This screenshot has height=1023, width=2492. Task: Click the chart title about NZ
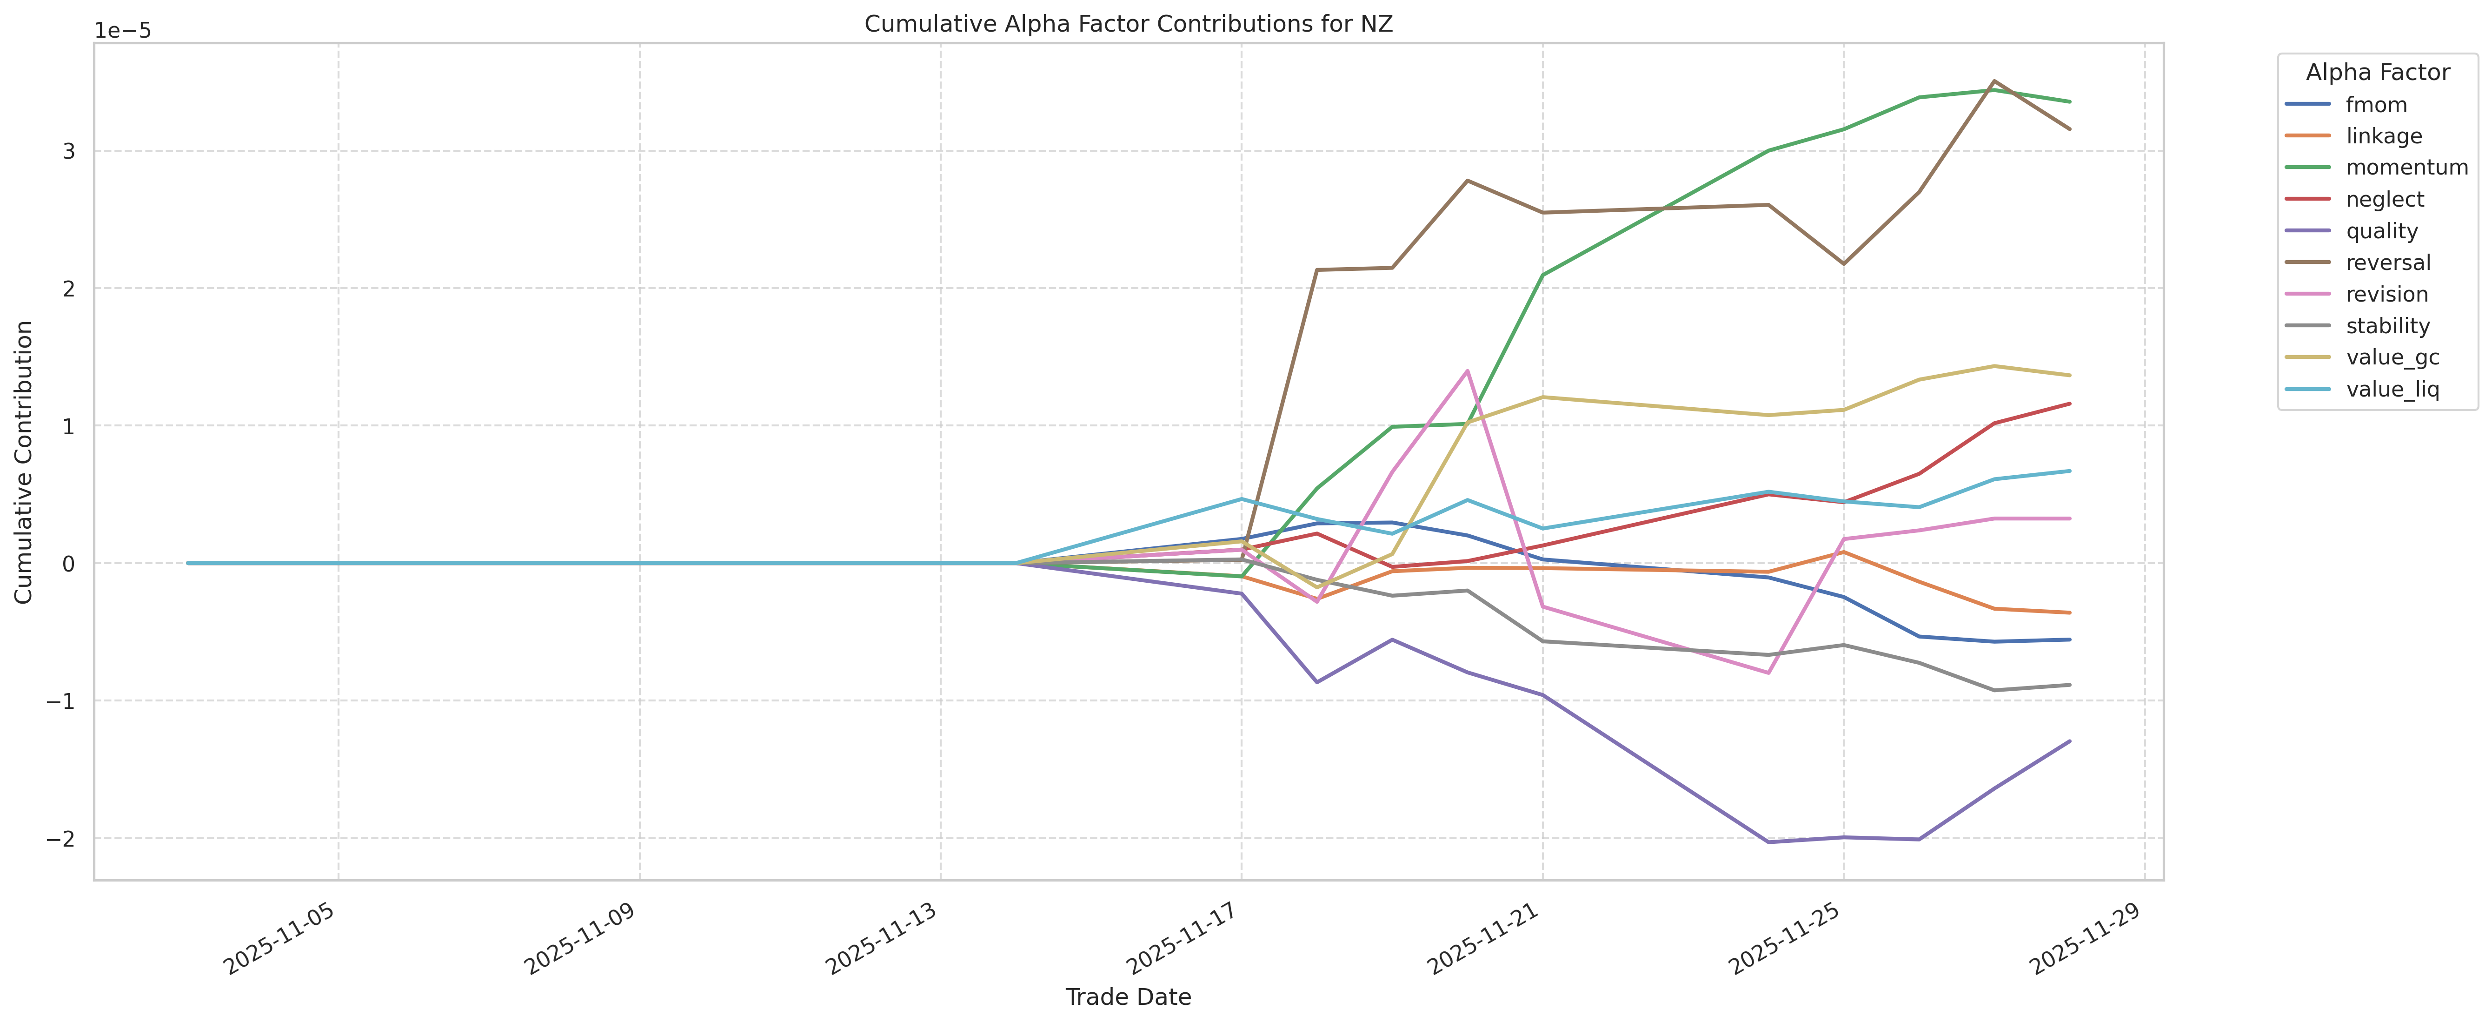point(1128,24)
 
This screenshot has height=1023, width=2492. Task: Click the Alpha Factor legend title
point(2377,73)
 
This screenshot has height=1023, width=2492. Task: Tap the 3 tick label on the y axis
point(69,151)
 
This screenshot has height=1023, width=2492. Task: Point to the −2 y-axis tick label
point(60,838)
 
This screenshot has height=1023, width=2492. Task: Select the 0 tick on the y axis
point(69,563)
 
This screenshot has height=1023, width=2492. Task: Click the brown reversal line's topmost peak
point(1994,81)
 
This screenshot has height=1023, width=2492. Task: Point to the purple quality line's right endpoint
point(2069,741)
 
